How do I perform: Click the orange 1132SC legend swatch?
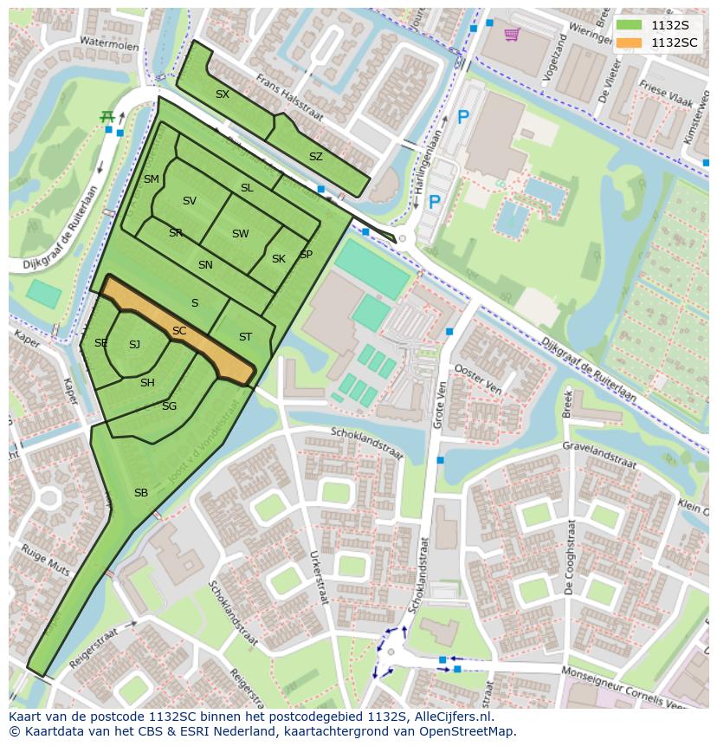pos(630,42)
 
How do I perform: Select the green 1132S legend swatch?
pos(630,25)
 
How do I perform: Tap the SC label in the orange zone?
pos(179,331)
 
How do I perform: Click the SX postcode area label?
pos(223,94)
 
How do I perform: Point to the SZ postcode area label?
pos(316,157)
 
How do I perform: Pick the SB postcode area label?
pos(141,493)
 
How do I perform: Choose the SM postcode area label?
pos(152,179)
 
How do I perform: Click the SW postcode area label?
pos(240,234)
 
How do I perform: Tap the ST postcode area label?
pos(245,337)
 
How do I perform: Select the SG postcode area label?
pos(169,406)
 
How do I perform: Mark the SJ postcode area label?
pos(134,345)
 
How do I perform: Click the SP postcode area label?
pos(306,255)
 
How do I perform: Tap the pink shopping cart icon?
pos(512,35)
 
